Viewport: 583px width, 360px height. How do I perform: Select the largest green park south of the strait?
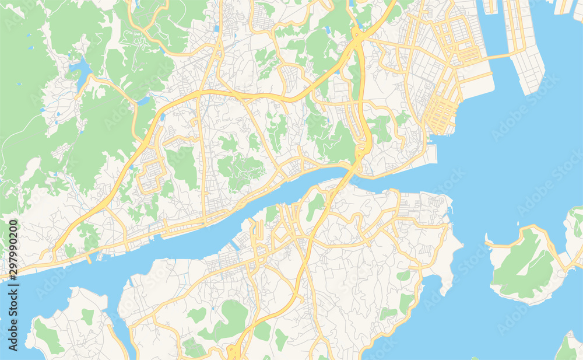pos(230,318)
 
